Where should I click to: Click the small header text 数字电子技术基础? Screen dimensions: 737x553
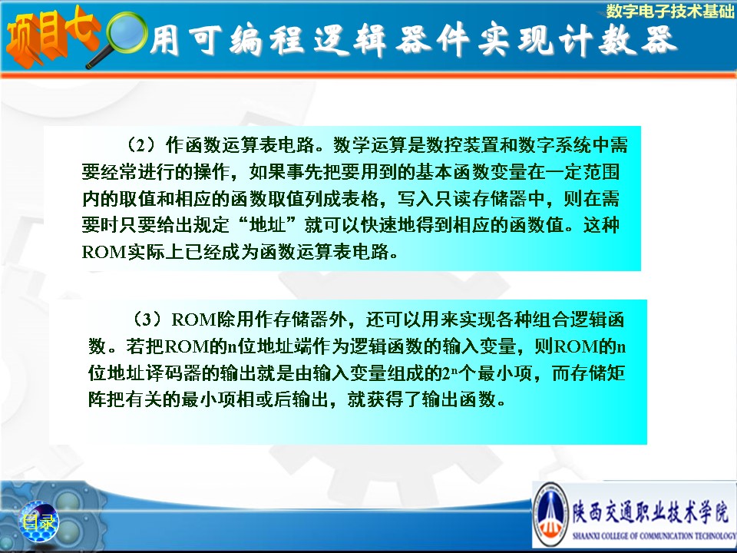click(669, 11)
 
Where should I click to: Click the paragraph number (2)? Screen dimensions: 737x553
click(141, 145)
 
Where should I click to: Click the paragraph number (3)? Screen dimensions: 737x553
click(147, 320)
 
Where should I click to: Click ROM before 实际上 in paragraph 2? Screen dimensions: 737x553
click(104, 252)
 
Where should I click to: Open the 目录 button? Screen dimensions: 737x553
click(38, 522)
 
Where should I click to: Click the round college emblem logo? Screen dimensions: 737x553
click(552, 515)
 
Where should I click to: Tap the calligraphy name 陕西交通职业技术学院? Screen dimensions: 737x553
click(652, 512)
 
